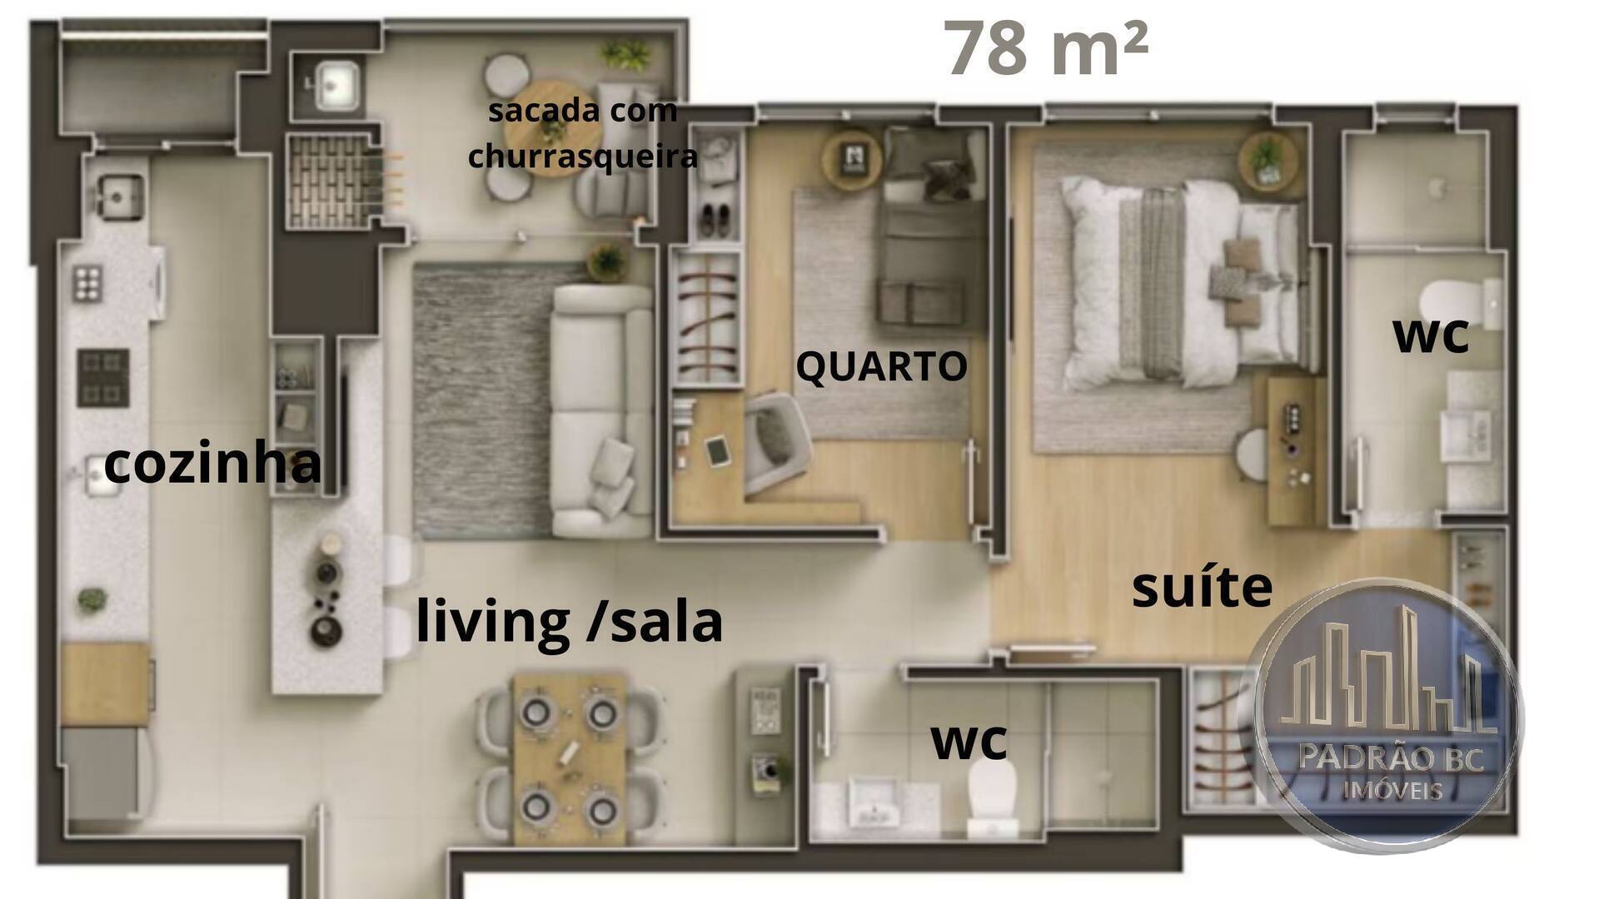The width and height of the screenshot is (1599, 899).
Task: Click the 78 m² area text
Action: point(1047,48)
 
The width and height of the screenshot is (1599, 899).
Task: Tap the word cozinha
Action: point(212,463)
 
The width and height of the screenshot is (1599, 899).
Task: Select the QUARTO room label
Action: point(881,367)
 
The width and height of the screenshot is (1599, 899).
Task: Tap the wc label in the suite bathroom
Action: point(1430,335)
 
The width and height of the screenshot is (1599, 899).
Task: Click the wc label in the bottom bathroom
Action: point(969,741)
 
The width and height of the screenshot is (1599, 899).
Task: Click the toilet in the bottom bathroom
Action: point(993,796)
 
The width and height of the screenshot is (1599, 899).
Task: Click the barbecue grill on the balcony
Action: point(331,181)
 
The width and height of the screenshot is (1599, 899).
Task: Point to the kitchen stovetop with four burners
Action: point(102,377)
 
